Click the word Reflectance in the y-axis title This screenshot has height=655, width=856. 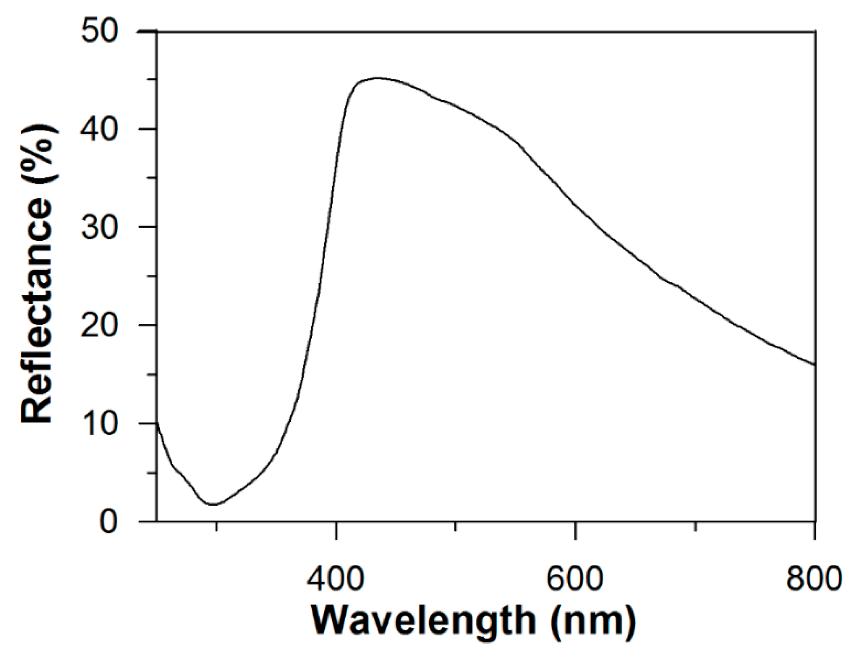37,309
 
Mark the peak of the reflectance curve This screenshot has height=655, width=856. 377,78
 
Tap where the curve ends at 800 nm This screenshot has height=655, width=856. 814,364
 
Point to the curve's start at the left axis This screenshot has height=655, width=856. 157,423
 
